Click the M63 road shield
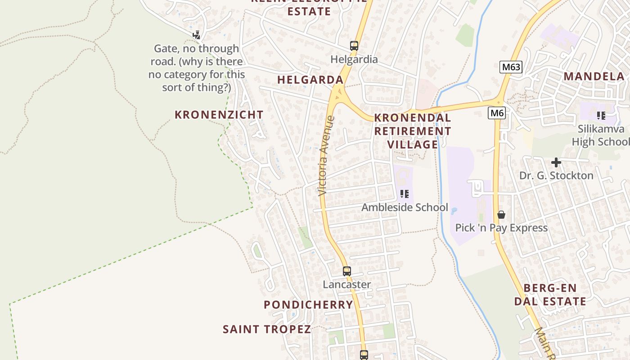(511, 67)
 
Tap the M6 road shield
(497, 113)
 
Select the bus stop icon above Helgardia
(354, 45)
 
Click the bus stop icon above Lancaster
(346, 271)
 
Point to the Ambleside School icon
(405, 194)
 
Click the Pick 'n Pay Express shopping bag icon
(501, 215)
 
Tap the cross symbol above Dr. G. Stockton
(556, 162)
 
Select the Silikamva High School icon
(601, 116)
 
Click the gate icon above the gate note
(196, 35)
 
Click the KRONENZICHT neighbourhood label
(219, 115)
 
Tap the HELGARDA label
(310, 80)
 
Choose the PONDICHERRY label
(308, 305)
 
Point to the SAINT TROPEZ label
(267, 329)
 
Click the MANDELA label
(594, 76)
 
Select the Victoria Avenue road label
(326, 156)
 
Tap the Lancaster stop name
(346, 284)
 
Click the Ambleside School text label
(405, 207)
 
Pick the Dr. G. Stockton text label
(556, 175)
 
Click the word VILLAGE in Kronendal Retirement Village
(412, 144)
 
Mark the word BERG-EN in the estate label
(550, 288)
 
